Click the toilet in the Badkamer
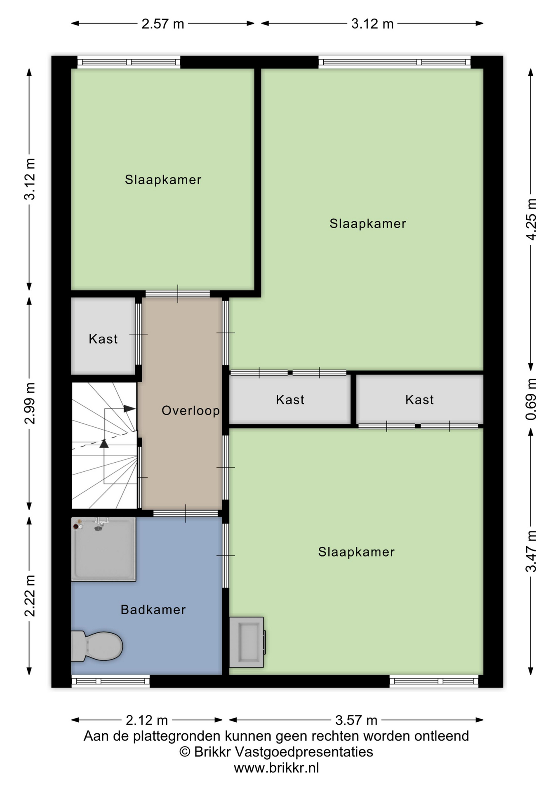coord(97,646)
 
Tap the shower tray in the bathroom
coord(104,549)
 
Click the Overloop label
coord(191,411)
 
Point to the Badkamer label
coord(153,610)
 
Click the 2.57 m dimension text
coord(163,24)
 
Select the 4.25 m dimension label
coord(531,219)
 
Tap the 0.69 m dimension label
coord(531,399)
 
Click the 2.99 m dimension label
coord(30,403)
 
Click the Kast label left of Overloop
coord(103,339)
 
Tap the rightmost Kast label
coord(419,400)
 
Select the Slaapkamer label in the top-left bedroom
coord(163,180)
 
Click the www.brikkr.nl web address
coord(276,768)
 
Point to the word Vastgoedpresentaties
coord(304,752)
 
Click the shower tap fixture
coord(100,524)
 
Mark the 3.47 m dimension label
coord(531,551)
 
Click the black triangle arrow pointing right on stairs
coord(129,409)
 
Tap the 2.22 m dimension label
coord(30,596)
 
